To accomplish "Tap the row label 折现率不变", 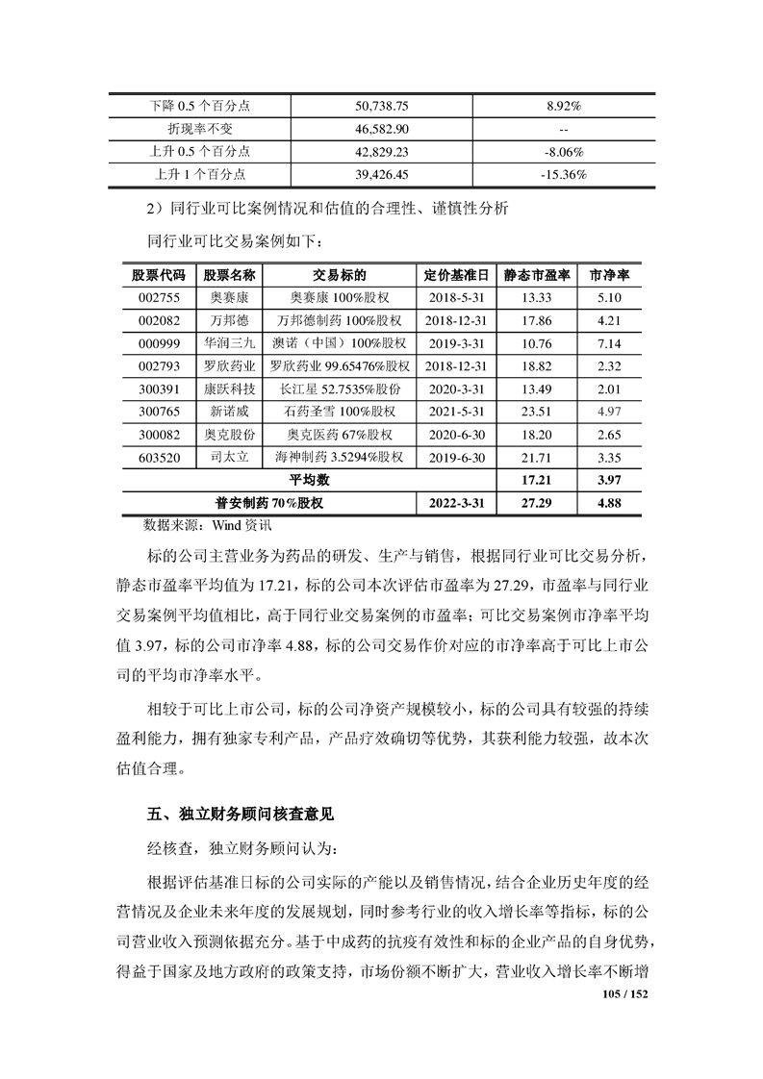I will coord(202,128).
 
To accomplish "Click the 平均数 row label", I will coord(310,479).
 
